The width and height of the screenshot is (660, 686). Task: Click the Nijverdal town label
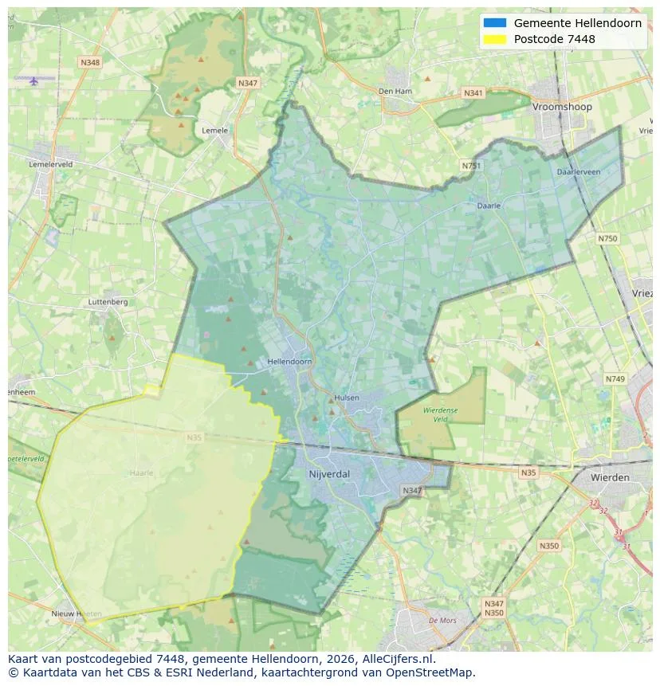click(x=328, y=473)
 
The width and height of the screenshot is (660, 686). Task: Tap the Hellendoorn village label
click(x=289, y=362)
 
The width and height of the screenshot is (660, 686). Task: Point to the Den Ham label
click(x=395, y=92)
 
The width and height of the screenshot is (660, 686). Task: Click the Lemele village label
click(x=215, y=131)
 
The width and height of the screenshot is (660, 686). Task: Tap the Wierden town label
click(x=610, y=477)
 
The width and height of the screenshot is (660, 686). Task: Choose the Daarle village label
click(x=489, y=206)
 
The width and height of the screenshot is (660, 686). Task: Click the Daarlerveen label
click(x=579, y=171)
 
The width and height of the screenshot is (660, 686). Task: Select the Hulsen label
click(x=347, y=398)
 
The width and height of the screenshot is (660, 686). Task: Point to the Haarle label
click(x=141, y=472)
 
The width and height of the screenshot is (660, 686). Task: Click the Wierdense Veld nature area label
click(x=440, y=414)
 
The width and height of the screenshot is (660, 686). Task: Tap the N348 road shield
click(x=90, y=62)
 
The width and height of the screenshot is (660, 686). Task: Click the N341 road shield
click(x=473, y=93)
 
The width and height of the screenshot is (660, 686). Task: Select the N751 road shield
click(x=471, y=166)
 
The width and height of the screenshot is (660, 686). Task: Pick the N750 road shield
click(x=607, y=238)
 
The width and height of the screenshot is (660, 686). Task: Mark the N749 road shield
click(x=615, y=379)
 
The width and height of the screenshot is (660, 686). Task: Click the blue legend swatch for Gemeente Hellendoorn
click(x=494, y=23)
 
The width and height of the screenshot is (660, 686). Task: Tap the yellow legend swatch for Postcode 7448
click(x=494, y=39)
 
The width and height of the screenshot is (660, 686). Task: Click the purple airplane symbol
click(x=33, y=80)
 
